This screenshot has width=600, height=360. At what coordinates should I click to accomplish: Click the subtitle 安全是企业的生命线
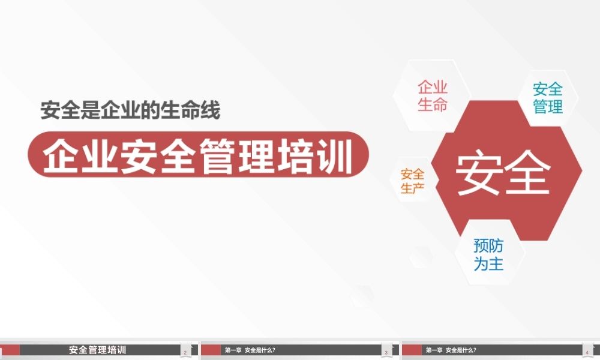coord(130,110)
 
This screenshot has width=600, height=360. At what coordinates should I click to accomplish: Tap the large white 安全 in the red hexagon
coord(503,173)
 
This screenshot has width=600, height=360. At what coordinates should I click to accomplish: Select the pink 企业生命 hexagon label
coord(433,95)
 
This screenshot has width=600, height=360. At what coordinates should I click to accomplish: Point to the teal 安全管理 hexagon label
coord(548,98)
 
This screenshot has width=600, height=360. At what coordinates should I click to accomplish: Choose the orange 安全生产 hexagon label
coord(413,181)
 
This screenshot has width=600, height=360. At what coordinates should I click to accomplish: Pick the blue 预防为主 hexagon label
coord(488,255)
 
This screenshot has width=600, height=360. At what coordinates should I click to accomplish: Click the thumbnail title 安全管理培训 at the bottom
coord(98,350)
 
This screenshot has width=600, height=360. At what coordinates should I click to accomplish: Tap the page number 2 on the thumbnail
coord(185,352)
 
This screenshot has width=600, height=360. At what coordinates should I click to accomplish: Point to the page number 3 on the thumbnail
coord(386,352)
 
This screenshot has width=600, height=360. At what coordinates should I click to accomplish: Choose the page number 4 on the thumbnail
coord(587,352)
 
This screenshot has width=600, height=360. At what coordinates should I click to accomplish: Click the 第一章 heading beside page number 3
coord(233,350)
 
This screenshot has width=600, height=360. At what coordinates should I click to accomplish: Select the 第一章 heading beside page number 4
coord(434,350)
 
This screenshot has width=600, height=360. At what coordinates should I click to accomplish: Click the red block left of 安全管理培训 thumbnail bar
coord(10,350)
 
